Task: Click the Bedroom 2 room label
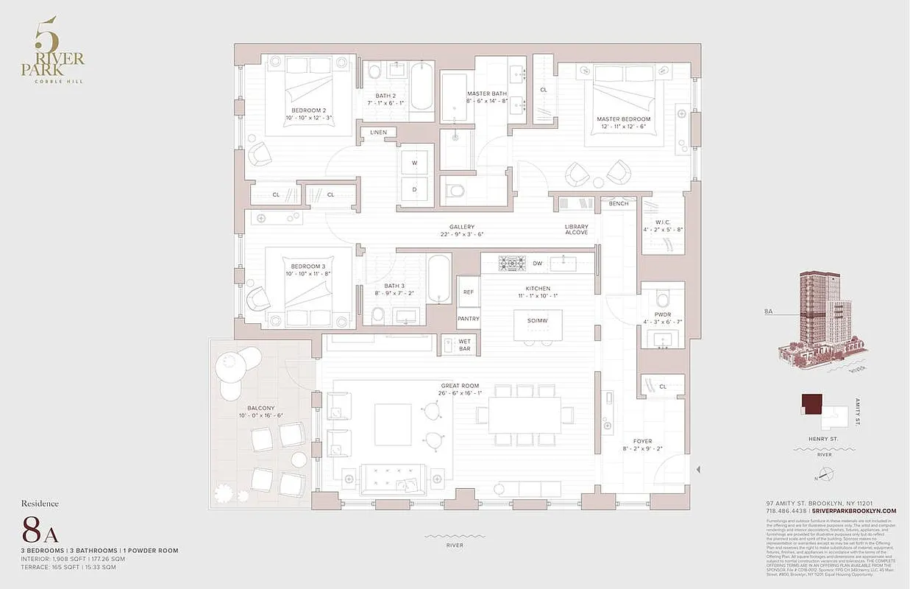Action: tap(308, 110)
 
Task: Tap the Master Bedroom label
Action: tap(623, 119)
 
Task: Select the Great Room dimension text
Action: tap(461, 392)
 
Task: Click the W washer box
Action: tap(414, 162)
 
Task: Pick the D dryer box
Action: tap(414, 189)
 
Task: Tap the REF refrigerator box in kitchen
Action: tap(468, 292)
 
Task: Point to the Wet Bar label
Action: tap(465, 345)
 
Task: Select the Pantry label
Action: tap(468, 319)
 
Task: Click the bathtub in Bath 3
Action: tap(439, 279)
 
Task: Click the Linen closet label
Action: tap(378, 133)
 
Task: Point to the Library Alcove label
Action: tap(576, 229)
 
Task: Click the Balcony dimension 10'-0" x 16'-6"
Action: tap(260, 416)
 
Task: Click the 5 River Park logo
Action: tap(51, 52)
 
